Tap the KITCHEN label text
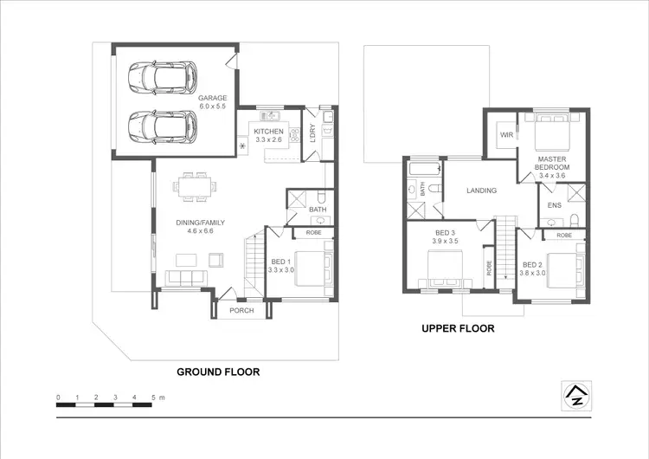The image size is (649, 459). (267, 131)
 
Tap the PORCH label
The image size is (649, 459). (241, 311)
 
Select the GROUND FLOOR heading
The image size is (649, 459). (218, 372)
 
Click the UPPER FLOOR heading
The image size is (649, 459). (458, 329)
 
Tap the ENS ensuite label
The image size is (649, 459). (555, 205)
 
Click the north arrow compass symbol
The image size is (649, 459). (573, 394)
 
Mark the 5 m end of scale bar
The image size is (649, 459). (153, 398)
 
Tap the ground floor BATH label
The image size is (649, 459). (317, 210)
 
